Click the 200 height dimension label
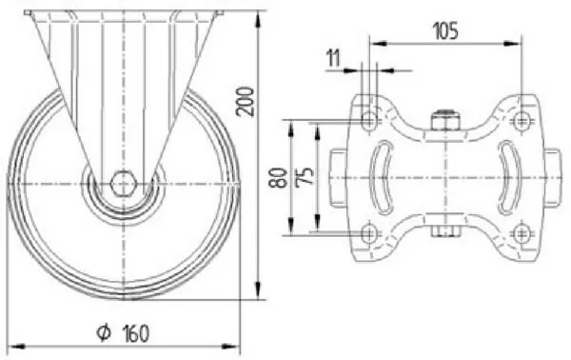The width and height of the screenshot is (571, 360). coord(246,101)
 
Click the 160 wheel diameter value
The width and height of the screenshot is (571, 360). coord(135,333)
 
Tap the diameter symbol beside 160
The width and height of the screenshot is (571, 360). coord(104,332)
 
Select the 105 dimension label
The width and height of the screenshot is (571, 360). coord(445,30)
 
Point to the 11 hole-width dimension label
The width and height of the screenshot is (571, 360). coord(334,58)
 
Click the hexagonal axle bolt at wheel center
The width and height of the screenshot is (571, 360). coord(124,183)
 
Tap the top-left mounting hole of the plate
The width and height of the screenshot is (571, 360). coord(369,119)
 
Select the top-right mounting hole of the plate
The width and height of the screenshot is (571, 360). coord(522,119)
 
